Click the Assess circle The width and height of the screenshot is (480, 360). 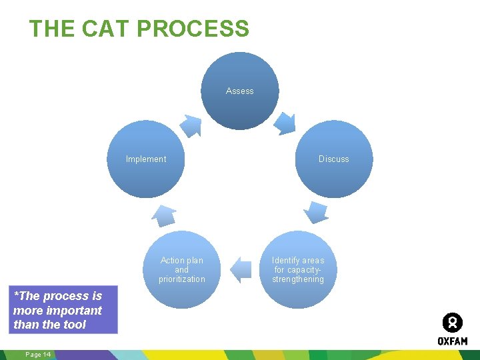pyautogui.click(x=240, y=91)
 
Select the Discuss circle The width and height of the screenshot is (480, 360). pyautogui.click(x=333, y=159)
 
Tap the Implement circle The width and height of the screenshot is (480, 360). pyautogui.click(x=146, y=159)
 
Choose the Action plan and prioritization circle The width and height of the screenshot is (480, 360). pyautogui.click(x=182, y=269)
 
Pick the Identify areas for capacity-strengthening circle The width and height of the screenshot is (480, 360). pyautogui.click(x=298, y=269)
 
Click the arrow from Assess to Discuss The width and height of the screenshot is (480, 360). pyautogui.click(x=285, y=123)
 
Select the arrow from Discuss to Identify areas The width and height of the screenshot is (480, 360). pyautogui.click(x=316, y=212)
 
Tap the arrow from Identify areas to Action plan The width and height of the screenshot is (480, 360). pyautogui.click(x=240, y=269)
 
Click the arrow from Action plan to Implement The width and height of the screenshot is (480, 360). pyautogui.click(x=164, y=215)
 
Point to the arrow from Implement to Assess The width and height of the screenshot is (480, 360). pyautogui.click(x=192, y=125)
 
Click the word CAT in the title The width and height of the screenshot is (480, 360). pyautogui.click(x=107, y=29)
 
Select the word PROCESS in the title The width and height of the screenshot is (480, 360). pyautogui.click(x=193, y=29)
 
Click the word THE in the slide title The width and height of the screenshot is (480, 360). pyautogui.click(x=53, y=29)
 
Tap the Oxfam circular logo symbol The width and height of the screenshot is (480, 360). pyautogui.click(x=452, y=323)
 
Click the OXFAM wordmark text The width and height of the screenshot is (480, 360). pyautogui.click(x=452, y=341)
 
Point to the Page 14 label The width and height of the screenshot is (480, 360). pyautogui.click(x=38, y=354)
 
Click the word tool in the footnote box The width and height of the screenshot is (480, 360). pyautogui.click(x=75, y=325)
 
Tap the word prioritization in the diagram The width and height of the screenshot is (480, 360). pyautogui.click(x=182, y=279)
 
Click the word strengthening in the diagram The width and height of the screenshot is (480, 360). pyautogui.click(x=298, y=279)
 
